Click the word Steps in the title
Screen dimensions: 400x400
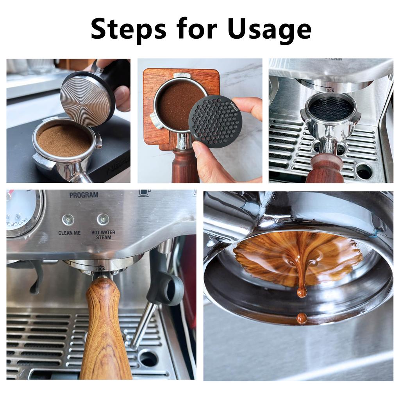129,29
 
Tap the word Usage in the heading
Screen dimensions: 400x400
269,29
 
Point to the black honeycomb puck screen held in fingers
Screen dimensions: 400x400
215,121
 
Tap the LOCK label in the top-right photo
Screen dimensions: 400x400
329,90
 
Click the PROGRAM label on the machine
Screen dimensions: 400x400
84,195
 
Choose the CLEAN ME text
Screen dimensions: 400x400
70,233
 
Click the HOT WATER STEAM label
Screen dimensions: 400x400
103,235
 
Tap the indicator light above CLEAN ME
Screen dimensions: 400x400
68,220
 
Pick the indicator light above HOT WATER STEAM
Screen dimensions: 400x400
103,219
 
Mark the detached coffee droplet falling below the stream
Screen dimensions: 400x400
301,318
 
